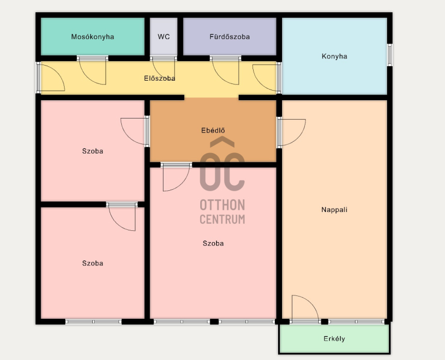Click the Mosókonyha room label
92,37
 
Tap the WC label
164,37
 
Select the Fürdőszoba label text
230,37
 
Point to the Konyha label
334,56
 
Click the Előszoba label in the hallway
160,78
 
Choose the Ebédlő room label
213,130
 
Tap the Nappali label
334,210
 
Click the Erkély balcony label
334,339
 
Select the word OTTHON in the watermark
222,205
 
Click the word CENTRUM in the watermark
222,219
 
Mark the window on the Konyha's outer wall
390,55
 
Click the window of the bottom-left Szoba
93,322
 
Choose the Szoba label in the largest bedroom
213,243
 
